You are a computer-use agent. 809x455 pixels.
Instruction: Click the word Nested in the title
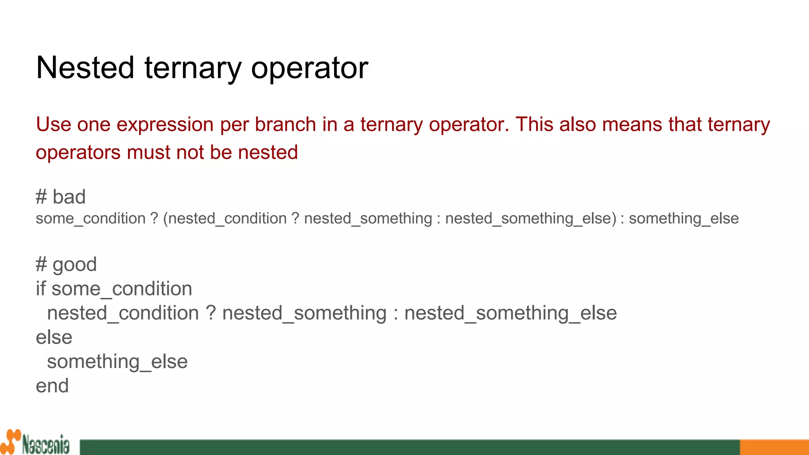pyautogui.click(x=85, y=68)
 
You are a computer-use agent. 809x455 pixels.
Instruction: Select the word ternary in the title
pyautogui.click(x=193, y=68)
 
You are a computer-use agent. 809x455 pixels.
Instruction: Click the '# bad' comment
pyautogui.click(x=60, y=197)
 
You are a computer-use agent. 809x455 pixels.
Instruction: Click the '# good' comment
pyautogui.click(x=66, y=264)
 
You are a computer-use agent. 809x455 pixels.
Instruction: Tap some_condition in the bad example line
pyautogui.click(x=90, y=218)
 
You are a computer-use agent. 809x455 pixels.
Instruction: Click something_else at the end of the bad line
pyautogui.click(x=683, y=218)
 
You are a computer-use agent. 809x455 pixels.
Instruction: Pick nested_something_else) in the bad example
pyautogui.click(x=531, y=218)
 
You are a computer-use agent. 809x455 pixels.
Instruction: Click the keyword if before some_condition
pyautogui.click(x=41, y=289)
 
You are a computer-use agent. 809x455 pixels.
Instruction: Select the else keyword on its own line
pyautogui.click(x=54, y=337)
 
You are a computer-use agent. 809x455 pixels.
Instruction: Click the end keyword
pyautogui.click(x=52, y=386)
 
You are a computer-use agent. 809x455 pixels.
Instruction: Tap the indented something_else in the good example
pyautogui.click(x=117, y=362)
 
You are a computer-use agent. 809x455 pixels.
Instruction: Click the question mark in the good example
pyautogui.click(x=211, y=313)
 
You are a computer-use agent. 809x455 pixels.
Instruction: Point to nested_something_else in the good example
pyautogui.click(x=510, y=313)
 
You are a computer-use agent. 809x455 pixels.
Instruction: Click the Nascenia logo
pyautogui.click(x=36, y=443)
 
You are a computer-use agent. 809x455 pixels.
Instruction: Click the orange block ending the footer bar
pyautogui.click(x=774, y=447)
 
